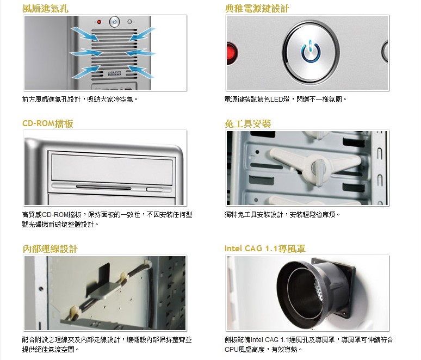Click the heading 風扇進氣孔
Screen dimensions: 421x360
[45, 9]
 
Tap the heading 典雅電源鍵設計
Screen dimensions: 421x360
[257, 9]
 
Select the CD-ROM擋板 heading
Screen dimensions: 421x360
[48, 123]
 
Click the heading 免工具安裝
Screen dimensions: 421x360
[248, 123]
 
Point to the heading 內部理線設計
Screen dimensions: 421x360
[50, 249]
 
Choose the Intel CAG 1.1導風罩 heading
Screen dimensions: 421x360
[265, 249]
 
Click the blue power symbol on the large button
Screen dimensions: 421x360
[311, 51]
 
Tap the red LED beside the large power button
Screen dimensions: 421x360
[232, 53]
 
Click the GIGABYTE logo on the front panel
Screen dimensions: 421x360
[115, 73]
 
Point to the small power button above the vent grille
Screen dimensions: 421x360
[115, 22]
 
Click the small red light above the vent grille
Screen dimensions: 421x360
[99, 22]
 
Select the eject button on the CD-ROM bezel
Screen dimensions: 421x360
[155, 190]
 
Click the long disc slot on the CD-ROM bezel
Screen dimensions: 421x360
[104, 187]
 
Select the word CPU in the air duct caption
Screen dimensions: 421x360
[232, 350]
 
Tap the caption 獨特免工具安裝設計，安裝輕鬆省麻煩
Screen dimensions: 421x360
[282, 214]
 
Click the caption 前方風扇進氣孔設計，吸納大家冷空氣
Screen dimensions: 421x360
[79, 100]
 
